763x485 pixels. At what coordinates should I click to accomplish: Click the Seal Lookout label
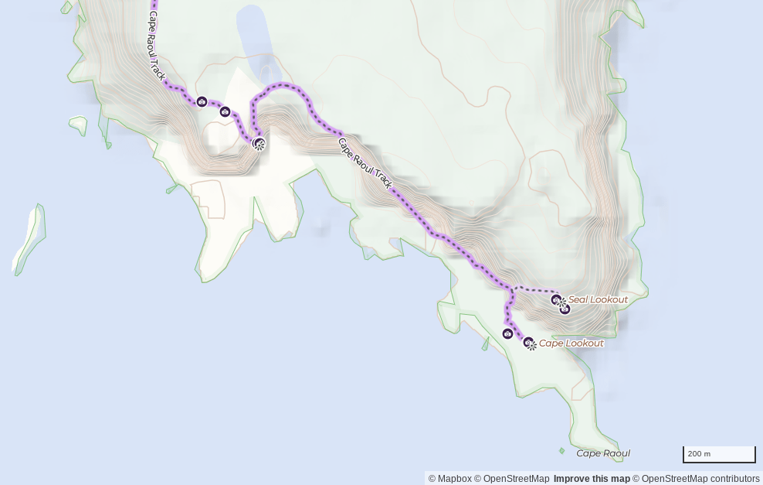click(598, 299)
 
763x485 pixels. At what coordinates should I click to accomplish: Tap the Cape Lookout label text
click(571, 343)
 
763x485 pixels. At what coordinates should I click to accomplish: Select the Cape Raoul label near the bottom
click(603, 453)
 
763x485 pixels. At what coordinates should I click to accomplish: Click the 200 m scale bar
click(719, 455)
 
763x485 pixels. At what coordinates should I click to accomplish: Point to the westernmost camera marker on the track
click(202, 101)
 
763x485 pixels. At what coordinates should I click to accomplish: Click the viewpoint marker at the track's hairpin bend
click(259, 143)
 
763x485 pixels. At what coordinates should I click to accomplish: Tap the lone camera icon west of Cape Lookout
click(507, 333)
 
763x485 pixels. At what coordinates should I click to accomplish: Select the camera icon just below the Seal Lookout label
click(565, 309)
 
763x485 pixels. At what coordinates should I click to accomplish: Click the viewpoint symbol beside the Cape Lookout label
click(530, 343)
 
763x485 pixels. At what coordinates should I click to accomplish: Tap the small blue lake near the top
click(254, 39)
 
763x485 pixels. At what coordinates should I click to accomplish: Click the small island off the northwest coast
click(79, 124)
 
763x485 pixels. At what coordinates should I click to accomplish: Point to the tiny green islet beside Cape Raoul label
click(561, 450)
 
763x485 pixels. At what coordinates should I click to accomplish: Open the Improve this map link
click(592, 479)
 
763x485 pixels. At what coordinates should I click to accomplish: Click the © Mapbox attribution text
click(449, 479)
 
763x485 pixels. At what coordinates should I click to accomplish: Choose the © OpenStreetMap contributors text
click(696, 479)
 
